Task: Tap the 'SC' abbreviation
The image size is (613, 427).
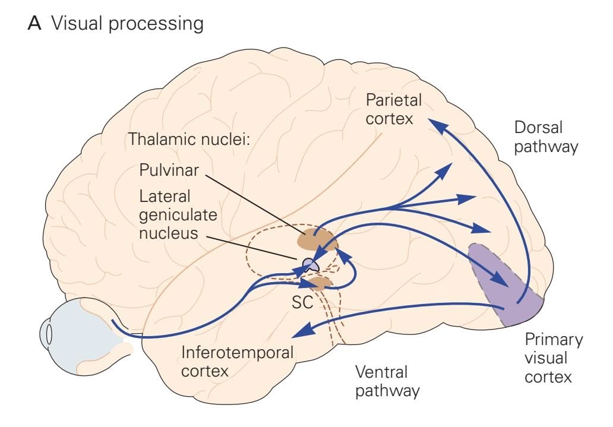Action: pos(302,302)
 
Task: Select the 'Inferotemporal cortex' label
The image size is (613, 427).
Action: pos(238,362)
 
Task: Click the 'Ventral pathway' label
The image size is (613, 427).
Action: pos(387,381)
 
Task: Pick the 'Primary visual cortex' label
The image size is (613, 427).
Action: pos(554,358)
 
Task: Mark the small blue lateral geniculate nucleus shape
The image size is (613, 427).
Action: pos(311,264)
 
